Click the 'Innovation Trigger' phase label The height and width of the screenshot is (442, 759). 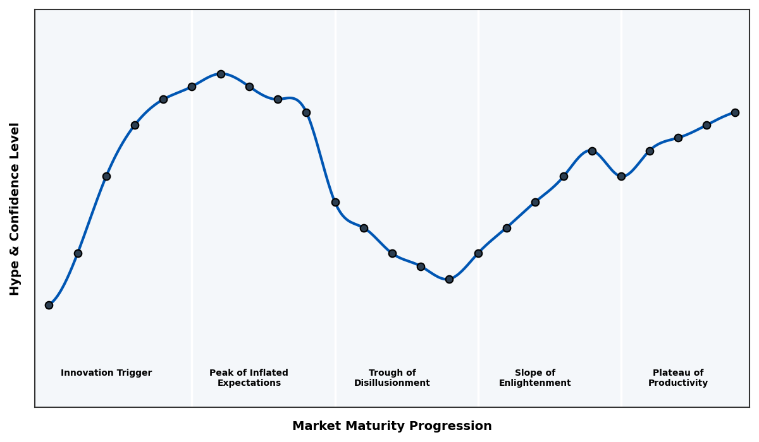coord(106,373)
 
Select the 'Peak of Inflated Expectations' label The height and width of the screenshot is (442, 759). coord(249,378)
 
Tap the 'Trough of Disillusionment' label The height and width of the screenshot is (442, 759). coord(392,378)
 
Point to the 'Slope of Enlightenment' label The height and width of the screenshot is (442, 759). coord(534,378)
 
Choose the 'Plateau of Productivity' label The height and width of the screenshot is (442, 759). coord(678,378)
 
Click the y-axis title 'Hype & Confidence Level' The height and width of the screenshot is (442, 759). coord(15,208)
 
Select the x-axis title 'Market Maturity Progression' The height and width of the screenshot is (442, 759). coord(392,426)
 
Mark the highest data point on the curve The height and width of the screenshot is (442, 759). coord(221,74)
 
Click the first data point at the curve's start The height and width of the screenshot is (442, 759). coord(49,305)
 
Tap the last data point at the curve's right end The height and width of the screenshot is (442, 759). coord(735,112)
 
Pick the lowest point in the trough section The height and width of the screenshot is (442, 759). coord(449,279)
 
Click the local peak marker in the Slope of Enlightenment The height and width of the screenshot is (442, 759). coord(592,151)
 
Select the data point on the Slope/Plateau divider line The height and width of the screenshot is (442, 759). coord(621,176)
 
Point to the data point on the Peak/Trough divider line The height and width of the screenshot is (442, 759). coord(335,202)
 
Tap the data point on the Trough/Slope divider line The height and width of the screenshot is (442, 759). coord(478,253)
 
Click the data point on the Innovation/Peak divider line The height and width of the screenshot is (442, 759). coord(192,87)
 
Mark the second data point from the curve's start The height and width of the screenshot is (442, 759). coord(78,253)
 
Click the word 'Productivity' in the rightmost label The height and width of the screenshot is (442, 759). coord(678,383)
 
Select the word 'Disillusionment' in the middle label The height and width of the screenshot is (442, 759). coord(392,383)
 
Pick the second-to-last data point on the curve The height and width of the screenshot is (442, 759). coord(707,125)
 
